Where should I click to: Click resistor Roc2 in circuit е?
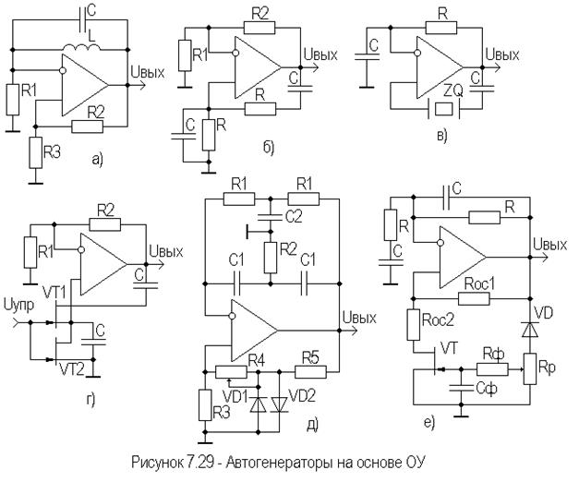[x=415, y=326]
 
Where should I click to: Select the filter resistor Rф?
[x=489, y=368]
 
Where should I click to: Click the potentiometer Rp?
[x=528, y=371]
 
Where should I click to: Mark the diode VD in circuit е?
[x=528, y=329]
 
